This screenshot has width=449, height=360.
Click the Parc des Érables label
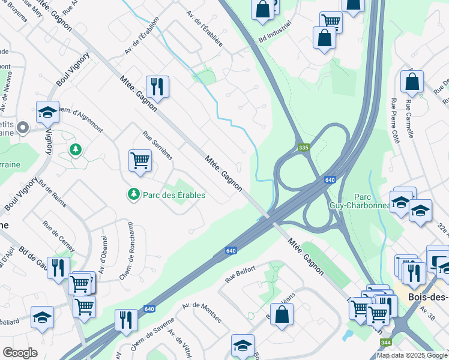point(173,195)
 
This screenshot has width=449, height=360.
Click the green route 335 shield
point(304,147)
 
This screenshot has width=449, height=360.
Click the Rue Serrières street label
point(157,146)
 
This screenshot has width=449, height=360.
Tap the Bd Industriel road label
point(276,32)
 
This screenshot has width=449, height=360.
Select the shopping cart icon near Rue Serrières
point(140,160)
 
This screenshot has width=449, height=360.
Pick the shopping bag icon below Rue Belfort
point(282,314)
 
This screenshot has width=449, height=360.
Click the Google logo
point(20,353)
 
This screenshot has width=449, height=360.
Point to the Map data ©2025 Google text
point(412,355)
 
